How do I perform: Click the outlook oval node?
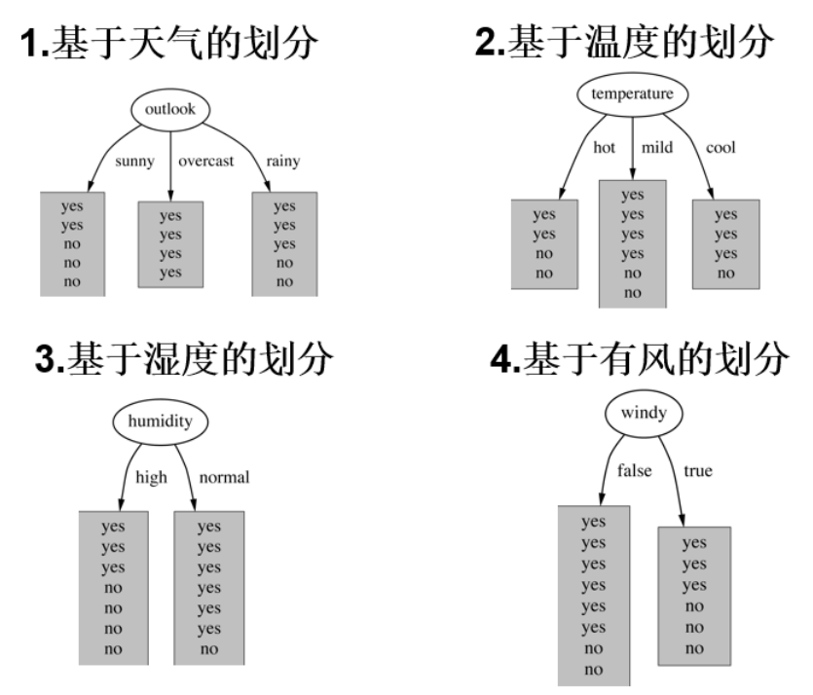coord(170,109)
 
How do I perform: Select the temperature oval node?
coord(633,94)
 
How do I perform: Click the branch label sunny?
coord(134,162)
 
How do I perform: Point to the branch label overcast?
coord(206,162)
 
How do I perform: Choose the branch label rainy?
coord(283,162)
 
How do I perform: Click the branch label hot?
coord(605,148)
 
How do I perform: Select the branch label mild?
coord(656,148)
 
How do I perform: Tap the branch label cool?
coord(721,148)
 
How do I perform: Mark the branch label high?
coord(152,477)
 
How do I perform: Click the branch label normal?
coord(224,477)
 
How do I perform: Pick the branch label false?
coord(634,471)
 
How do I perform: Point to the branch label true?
coord(698,471)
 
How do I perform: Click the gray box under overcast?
coord(170,244)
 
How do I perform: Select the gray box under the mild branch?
coord(633,243)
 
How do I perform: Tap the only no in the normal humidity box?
coord(208,648)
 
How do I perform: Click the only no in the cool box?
coord(725,274)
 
